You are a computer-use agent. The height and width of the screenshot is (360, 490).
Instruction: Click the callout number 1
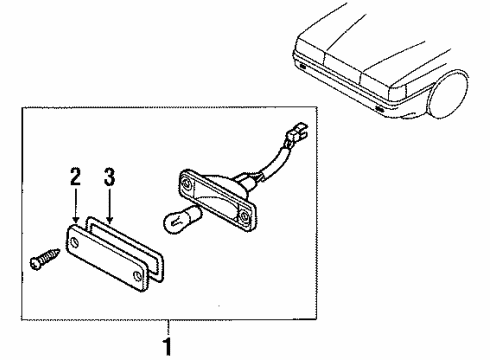click(168, 347)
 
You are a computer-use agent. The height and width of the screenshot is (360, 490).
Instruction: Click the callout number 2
click(76, 176)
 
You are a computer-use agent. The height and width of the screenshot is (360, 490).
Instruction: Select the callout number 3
click(109, 177)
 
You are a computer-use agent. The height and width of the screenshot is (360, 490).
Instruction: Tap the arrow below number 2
click(76, 205)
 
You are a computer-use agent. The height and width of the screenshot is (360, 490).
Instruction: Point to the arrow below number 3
click(109, 205)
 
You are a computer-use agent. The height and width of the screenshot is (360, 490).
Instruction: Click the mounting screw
click(45, 259)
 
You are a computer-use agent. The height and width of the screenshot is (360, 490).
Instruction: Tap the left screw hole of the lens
click(75, 242)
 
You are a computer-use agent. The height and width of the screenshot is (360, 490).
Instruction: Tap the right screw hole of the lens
click(138, 275)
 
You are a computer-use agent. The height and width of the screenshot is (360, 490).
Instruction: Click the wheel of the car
click(447, 94)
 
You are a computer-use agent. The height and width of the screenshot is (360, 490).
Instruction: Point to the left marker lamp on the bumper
click(302, 66)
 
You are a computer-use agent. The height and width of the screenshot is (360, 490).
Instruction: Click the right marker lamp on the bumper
click(379, 108)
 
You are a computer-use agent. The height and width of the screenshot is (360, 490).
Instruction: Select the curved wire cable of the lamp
click(272, 167)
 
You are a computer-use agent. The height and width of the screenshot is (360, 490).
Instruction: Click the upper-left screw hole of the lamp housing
click(186, 184)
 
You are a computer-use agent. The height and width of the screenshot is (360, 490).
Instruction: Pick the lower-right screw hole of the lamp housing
click(245, 216)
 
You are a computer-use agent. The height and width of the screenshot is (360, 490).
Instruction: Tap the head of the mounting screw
click(34, 263)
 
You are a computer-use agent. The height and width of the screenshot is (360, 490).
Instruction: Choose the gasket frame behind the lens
click(124, 247)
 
